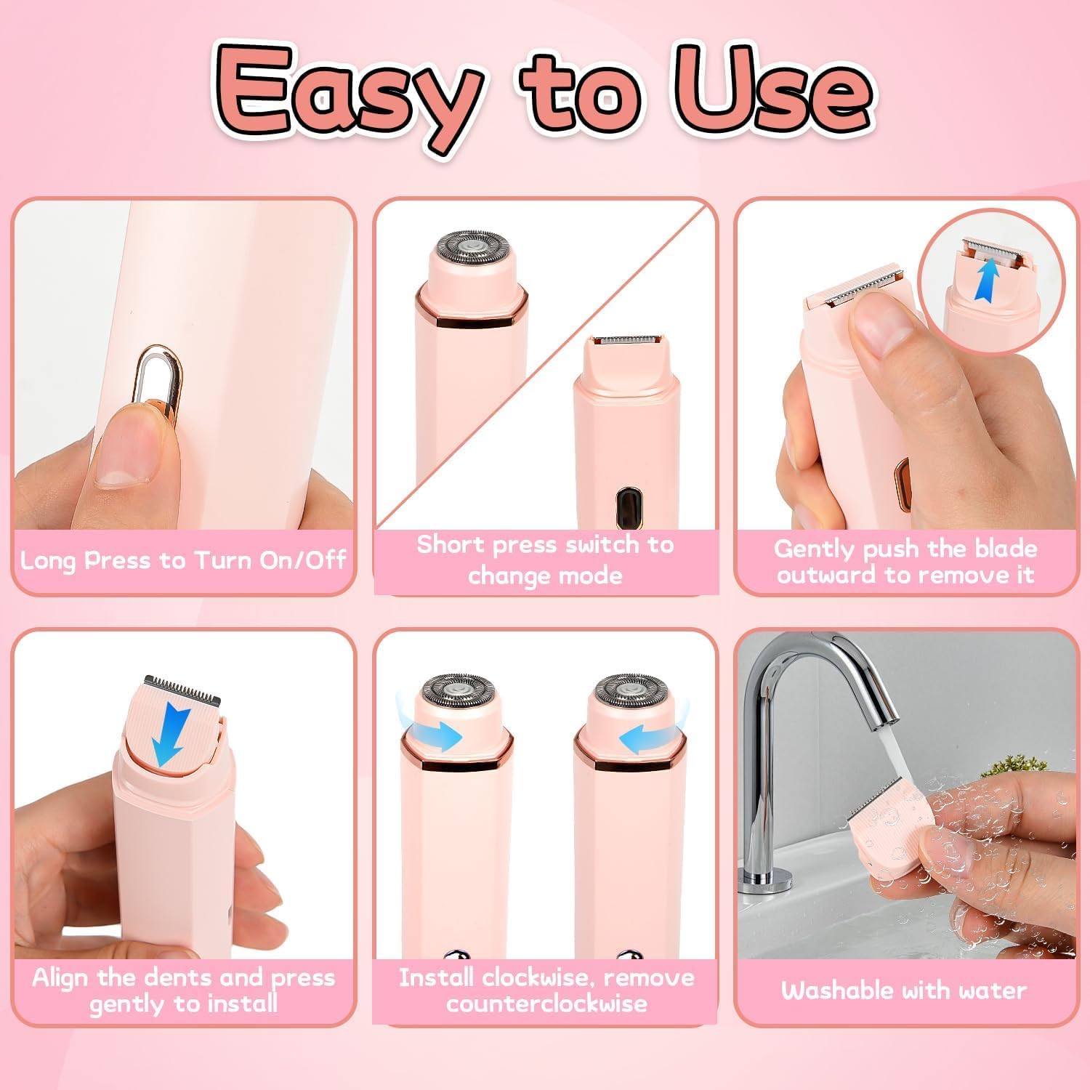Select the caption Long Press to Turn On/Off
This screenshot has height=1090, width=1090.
pos(183,560)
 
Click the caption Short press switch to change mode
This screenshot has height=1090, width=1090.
pos(545,560)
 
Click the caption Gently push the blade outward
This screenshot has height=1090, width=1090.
pos(905,562)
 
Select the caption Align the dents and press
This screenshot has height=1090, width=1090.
pos(183,990)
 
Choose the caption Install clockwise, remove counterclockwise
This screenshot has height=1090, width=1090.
pos(545,990)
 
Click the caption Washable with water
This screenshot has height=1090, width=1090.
pos(904,990)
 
